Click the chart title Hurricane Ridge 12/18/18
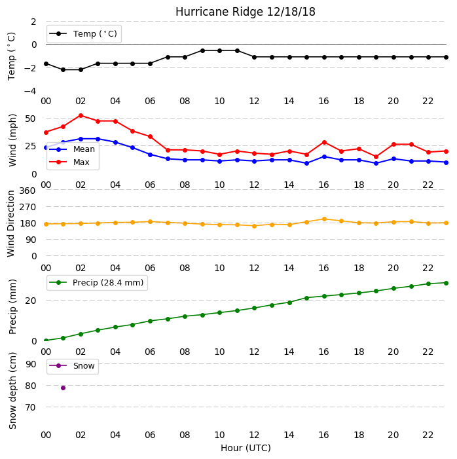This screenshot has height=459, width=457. click(246, 12)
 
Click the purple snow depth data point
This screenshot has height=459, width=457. click(63, 388)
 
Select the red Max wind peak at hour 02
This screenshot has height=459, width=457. click(81, 116)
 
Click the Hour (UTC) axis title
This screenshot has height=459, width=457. click(246, 448)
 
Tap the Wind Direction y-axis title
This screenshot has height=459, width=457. click(11, 224)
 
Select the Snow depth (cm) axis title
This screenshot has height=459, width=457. click(12, 391)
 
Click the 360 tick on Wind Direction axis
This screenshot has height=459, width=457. click(27, 191)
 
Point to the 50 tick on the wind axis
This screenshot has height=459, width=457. click(31, 119)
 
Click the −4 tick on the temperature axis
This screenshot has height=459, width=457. click(30, 91)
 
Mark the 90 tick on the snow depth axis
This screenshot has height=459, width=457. click(31, 364)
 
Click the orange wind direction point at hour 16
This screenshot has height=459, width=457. click(324, 219)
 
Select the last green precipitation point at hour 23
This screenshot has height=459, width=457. click(446, 283)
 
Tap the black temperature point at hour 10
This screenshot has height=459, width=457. click(219, 50)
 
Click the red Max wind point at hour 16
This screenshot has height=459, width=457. click(324, 143)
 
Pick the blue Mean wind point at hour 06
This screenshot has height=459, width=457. click(150, 155)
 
